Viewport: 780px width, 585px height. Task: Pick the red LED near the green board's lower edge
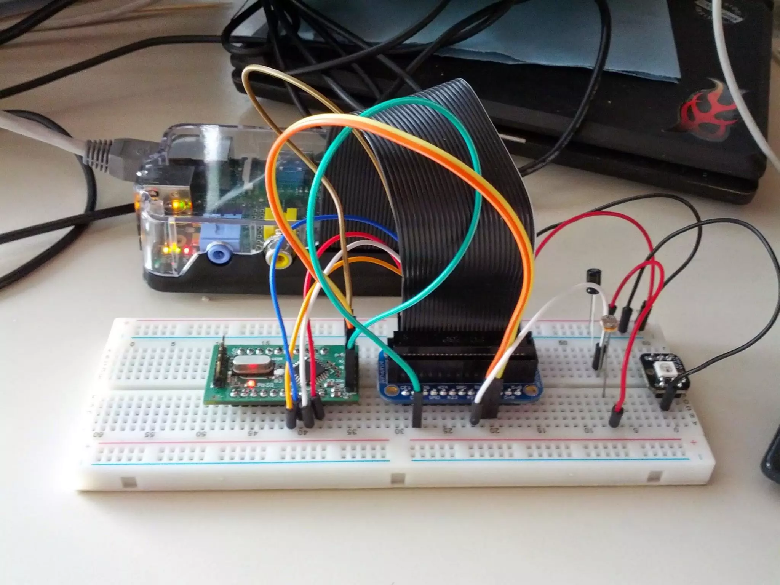251,383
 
